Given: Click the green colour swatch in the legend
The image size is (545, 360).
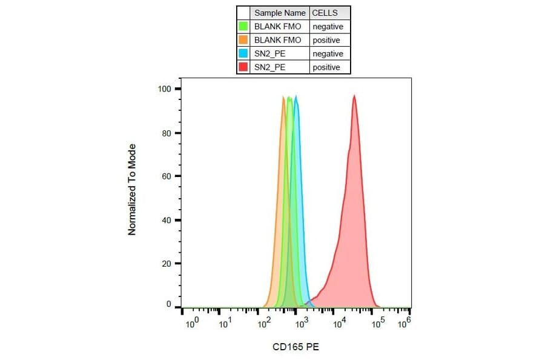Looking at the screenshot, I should (243, 27).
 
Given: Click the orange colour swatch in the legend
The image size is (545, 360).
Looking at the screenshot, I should (243, 40).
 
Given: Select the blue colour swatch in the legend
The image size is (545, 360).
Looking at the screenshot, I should (243, 53).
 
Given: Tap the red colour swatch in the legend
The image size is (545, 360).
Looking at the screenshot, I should (243, 67).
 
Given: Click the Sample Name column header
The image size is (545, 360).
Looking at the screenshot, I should (280, 13).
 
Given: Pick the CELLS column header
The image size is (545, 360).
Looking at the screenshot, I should (325, 13).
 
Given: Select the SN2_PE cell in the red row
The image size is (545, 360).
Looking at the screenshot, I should (270, 67).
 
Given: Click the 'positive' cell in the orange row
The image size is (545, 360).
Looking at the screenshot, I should (326, 40).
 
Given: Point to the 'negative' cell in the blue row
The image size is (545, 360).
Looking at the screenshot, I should (327, 53).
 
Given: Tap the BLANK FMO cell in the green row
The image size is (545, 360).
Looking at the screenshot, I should (277, 27).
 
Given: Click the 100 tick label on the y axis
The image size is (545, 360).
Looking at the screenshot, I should (165, 89).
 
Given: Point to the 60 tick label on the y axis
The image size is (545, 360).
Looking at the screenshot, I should (167, 176).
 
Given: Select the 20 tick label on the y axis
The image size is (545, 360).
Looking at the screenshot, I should (167, 264).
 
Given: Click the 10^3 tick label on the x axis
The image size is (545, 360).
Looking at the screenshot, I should (301, 324).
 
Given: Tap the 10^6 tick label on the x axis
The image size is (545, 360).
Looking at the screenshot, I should (404, 322).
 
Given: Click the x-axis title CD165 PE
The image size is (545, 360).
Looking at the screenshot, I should (296, 347).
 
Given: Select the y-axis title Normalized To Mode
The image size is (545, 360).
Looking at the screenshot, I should (131, 190).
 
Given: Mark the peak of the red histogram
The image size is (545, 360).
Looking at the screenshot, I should (354, 96).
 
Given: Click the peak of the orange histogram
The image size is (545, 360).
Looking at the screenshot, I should (283, 97).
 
